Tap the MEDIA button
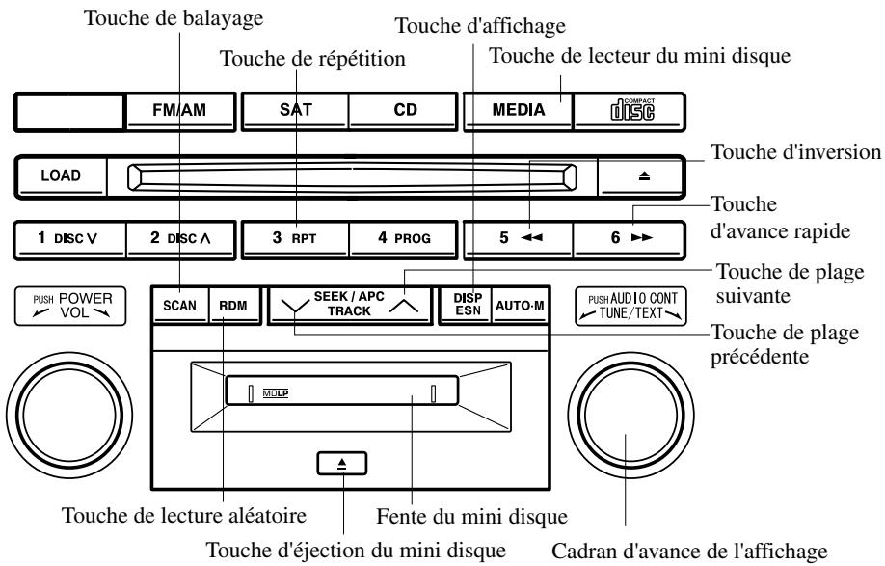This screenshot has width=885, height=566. (x=516, y=110)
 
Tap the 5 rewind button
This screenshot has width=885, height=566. (x=516, y=238)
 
